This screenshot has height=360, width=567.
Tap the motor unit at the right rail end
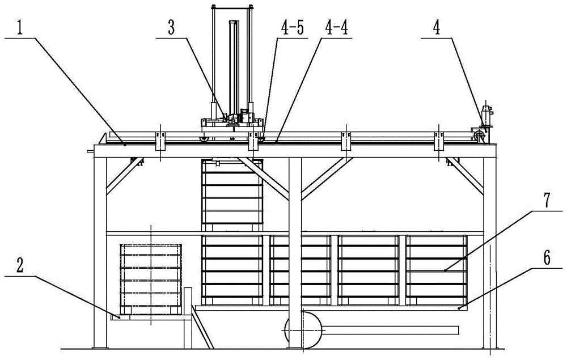(x=485, y=119)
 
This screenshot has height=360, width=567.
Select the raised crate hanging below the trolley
(x=232, y=194)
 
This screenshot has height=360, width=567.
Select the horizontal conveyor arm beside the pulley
(x=391, y=329)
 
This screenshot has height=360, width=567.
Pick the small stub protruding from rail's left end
(x=91, y=151)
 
